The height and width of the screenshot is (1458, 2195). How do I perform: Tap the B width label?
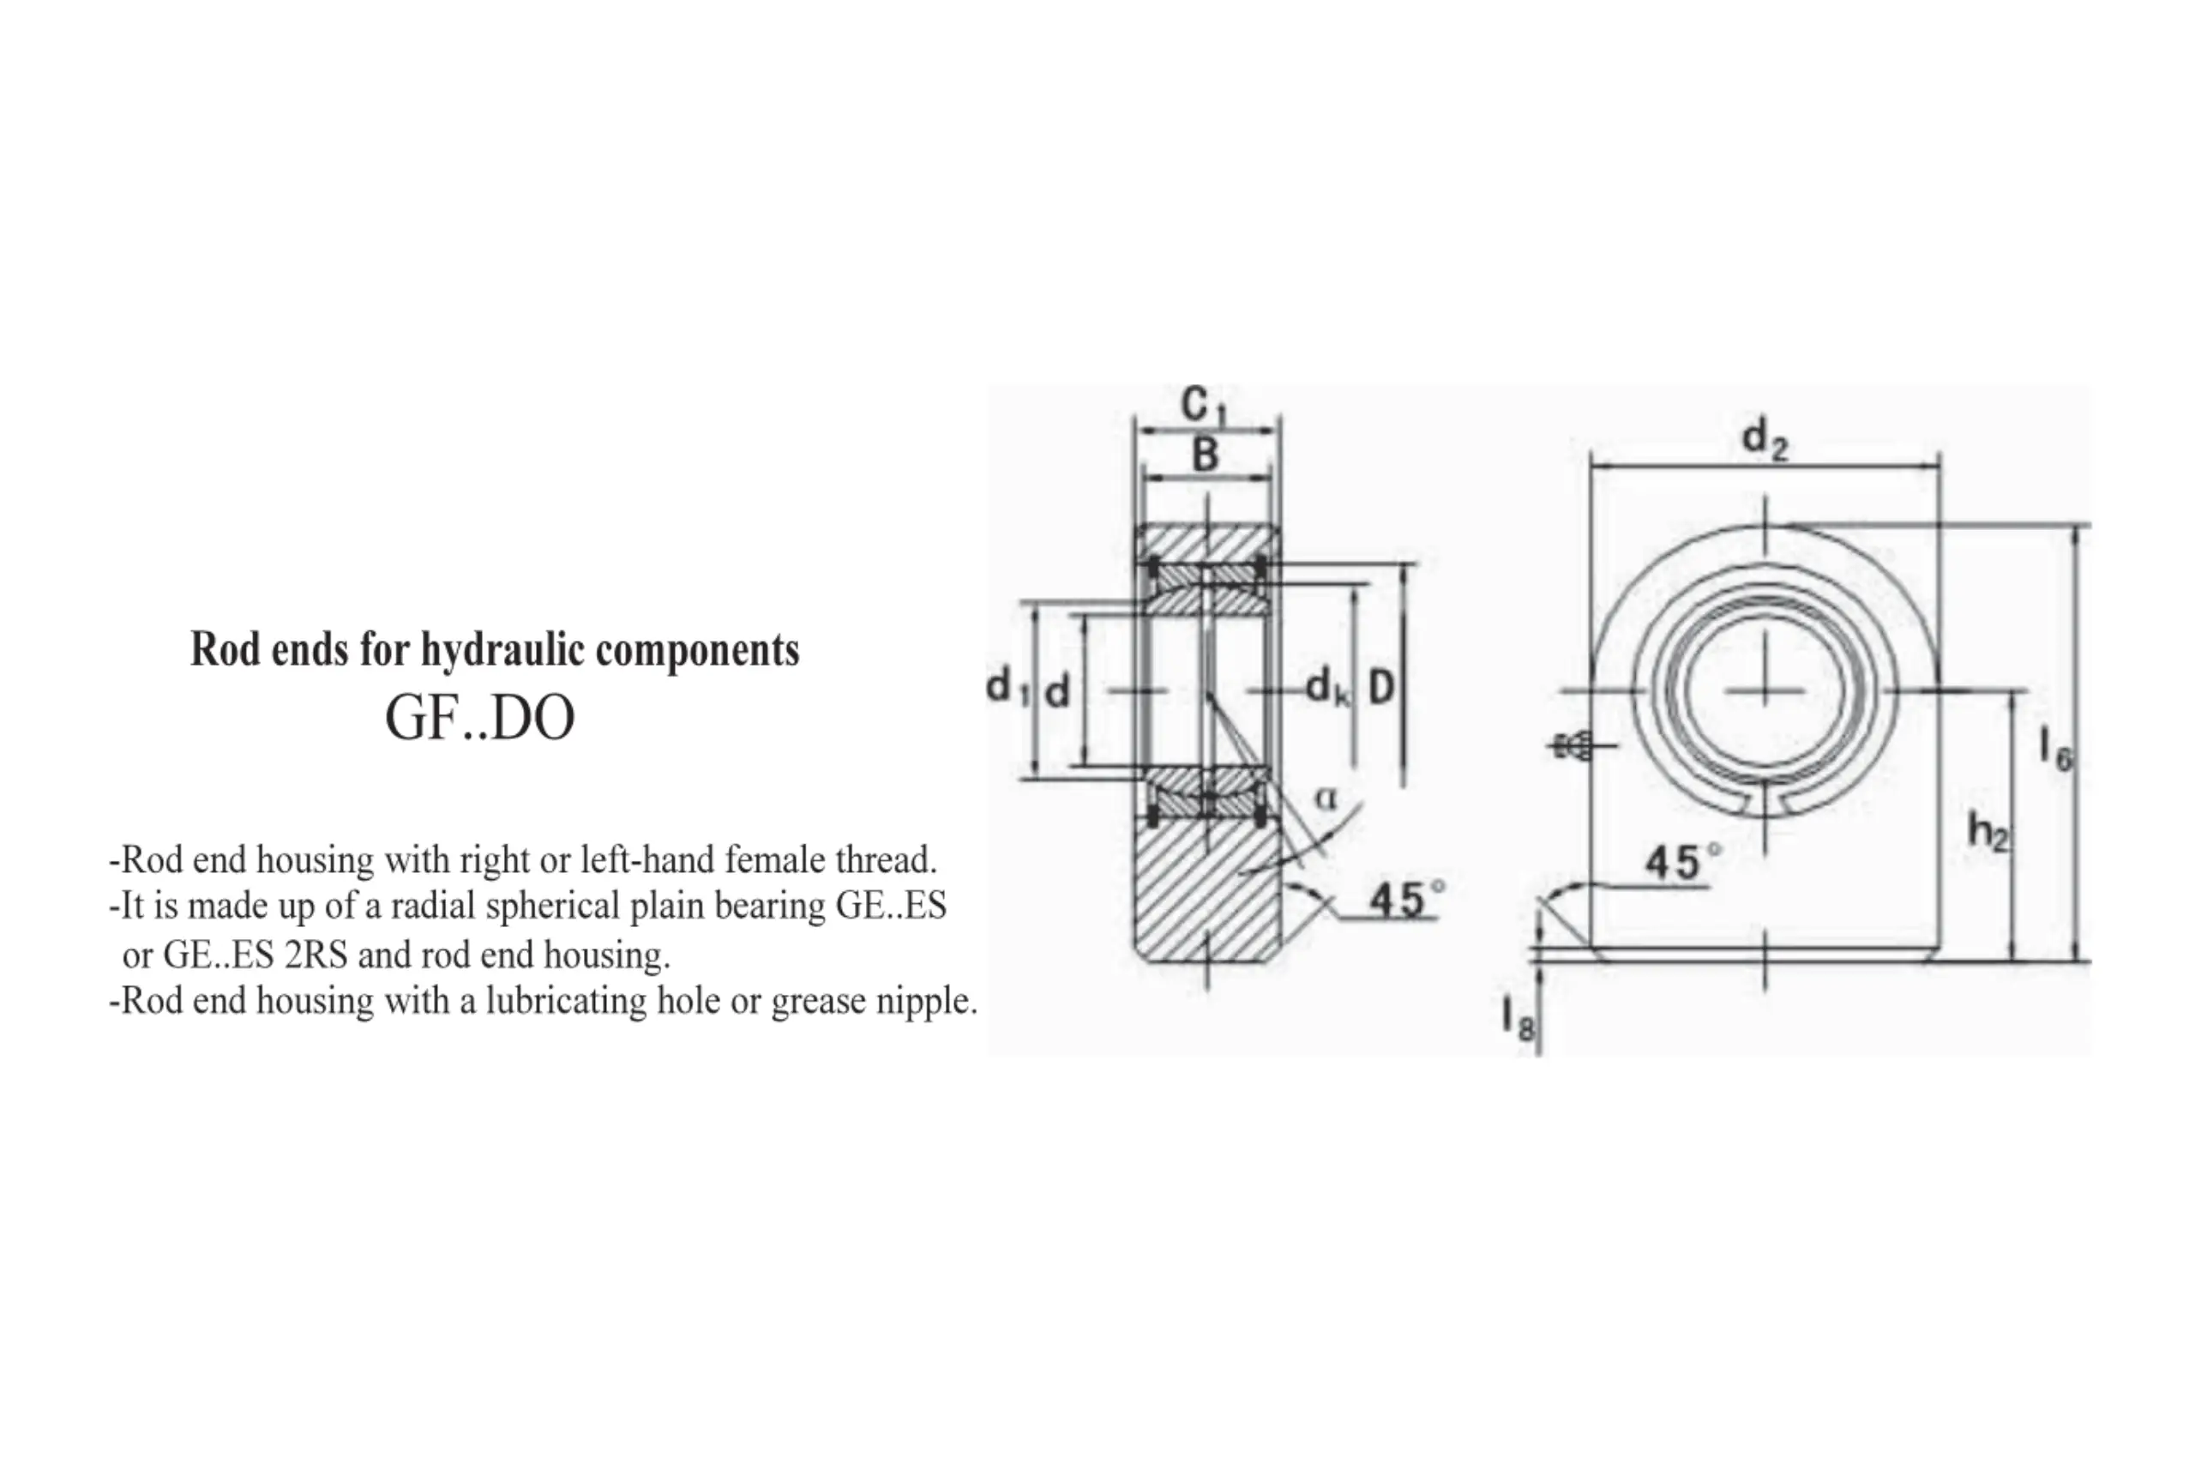point(1205,455)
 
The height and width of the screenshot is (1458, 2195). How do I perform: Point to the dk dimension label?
point(1326,688)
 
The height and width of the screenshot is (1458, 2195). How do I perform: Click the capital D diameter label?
point(1381,688)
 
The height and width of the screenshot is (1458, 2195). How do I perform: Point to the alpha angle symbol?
point(1326,798)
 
